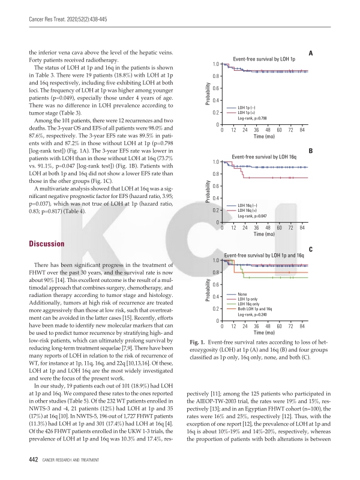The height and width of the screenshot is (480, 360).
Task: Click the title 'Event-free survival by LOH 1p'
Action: click(264, 59)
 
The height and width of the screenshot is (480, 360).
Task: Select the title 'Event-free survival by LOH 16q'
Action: click(265, 157)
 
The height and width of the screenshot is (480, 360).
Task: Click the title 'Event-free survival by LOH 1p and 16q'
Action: click(265, 255)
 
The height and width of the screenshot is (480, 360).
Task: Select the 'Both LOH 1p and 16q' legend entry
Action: click(259, 308)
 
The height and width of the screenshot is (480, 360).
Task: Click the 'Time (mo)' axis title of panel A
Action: click(265, 137)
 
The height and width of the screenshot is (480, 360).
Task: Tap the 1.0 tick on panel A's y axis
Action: click(215, 64)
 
